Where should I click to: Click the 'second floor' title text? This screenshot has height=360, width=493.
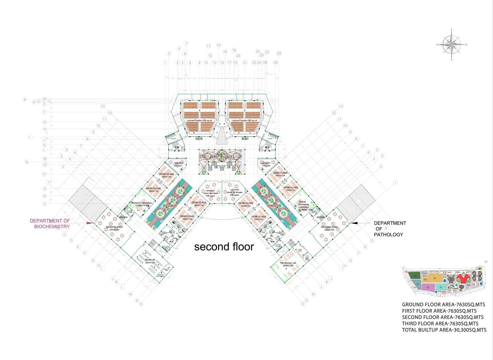(224, 246)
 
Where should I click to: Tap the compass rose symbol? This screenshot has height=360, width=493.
(452, 45)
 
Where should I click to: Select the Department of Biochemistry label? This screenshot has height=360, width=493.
(50, 223)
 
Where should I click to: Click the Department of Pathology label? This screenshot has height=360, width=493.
(389, 229)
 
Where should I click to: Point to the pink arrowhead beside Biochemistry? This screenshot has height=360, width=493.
(90, 223)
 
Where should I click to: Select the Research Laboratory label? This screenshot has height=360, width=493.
(142, 204)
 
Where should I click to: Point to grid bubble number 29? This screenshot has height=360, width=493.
(279, 53)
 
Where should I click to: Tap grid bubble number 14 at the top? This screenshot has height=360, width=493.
(219, 45)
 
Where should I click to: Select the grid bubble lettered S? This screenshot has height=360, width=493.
(45, 204)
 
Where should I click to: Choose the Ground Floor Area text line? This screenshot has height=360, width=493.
(439, 305)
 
